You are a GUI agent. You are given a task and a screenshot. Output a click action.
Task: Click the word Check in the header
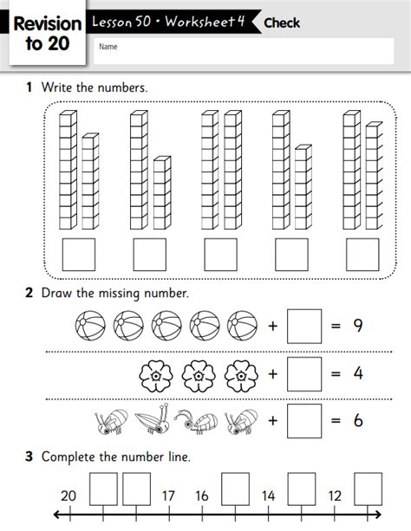[282, 23]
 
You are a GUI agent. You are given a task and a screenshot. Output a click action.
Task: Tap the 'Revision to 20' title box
[47, 34]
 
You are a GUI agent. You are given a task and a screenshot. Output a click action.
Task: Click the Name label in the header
[108, 47]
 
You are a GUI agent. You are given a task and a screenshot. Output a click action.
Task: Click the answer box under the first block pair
[78, 256]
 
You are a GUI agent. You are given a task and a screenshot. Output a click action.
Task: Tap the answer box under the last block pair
[362, 256]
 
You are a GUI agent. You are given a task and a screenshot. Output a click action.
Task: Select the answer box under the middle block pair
[220, 256]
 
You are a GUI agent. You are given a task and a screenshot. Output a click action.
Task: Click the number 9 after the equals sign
[357, 327]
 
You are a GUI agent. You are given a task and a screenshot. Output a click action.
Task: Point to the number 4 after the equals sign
[357, 374]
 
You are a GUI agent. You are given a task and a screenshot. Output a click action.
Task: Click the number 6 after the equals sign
[357, 421]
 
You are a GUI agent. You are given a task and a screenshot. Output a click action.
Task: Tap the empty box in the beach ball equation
[303, 327]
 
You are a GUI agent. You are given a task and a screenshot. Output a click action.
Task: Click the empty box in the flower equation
[303, 374]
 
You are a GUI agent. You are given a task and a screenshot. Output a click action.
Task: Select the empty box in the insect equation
[303, 421]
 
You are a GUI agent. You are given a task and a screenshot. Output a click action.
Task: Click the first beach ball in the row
[89, 327]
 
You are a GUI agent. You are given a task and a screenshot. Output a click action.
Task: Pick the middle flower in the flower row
[199, 375]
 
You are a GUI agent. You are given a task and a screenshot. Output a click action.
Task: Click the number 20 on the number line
[68, 496]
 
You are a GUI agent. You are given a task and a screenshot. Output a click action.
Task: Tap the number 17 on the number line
[168, 496]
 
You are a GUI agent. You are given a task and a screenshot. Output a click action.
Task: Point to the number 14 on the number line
[268, 496]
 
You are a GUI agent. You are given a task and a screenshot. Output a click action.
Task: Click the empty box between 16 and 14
[235, 489]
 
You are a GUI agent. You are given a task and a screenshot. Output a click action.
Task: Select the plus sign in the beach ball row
[273, 327]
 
